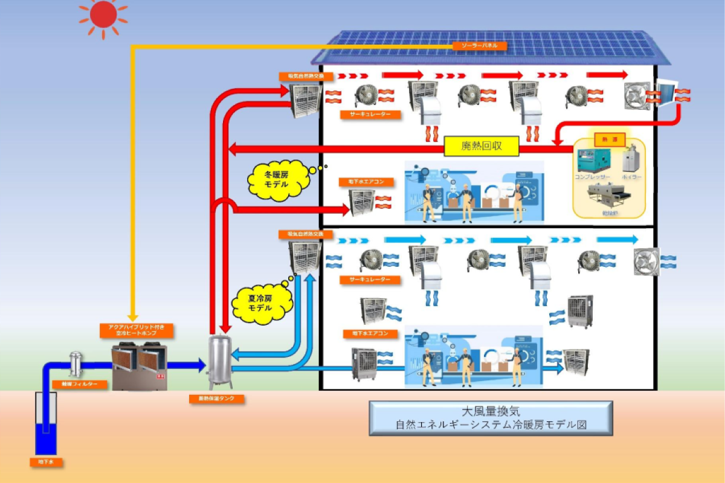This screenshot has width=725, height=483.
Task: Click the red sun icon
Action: coord(103,14)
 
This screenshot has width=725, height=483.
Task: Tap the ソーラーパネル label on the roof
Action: coord(479,46)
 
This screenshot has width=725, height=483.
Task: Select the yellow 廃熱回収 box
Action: coord(482,146)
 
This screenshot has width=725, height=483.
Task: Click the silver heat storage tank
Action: coord(219,362)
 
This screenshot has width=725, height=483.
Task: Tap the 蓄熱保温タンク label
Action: coord(216,399)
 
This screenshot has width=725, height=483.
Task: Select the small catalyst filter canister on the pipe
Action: coord(76,364)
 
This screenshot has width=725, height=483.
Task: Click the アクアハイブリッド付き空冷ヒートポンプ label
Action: coord(137,330)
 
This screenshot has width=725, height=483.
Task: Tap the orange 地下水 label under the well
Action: coord(47,462)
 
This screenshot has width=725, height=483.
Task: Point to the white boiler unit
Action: coord(631,158)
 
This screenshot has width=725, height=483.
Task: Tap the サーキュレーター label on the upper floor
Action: coord(370,114)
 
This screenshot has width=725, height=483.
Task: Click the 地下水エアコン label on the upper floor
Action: coord(370,181)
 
